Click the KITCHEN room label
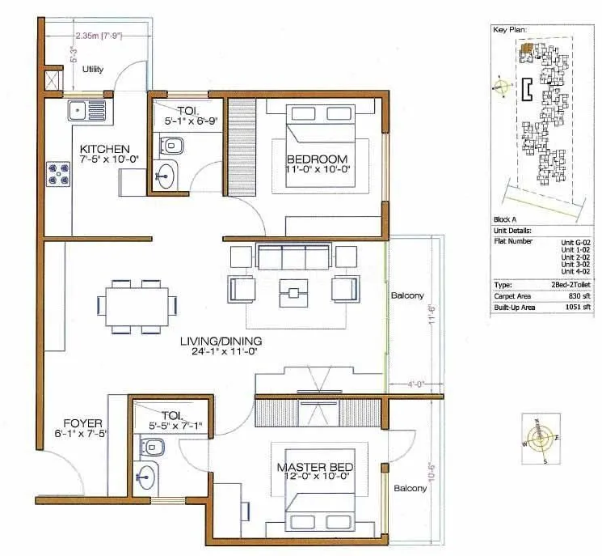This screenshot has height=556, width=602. click(105, 149)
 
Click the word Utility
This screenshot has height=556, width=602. click(93, 70)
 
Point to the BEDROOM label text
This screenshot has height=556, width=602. click(317, 159)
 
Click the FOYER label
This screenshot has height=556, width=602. click(82, 423)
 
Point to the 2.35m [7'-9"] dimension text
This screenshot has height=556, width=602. click(98, 36)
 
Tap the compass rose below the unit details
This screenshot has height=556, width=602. click(541, 438)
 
